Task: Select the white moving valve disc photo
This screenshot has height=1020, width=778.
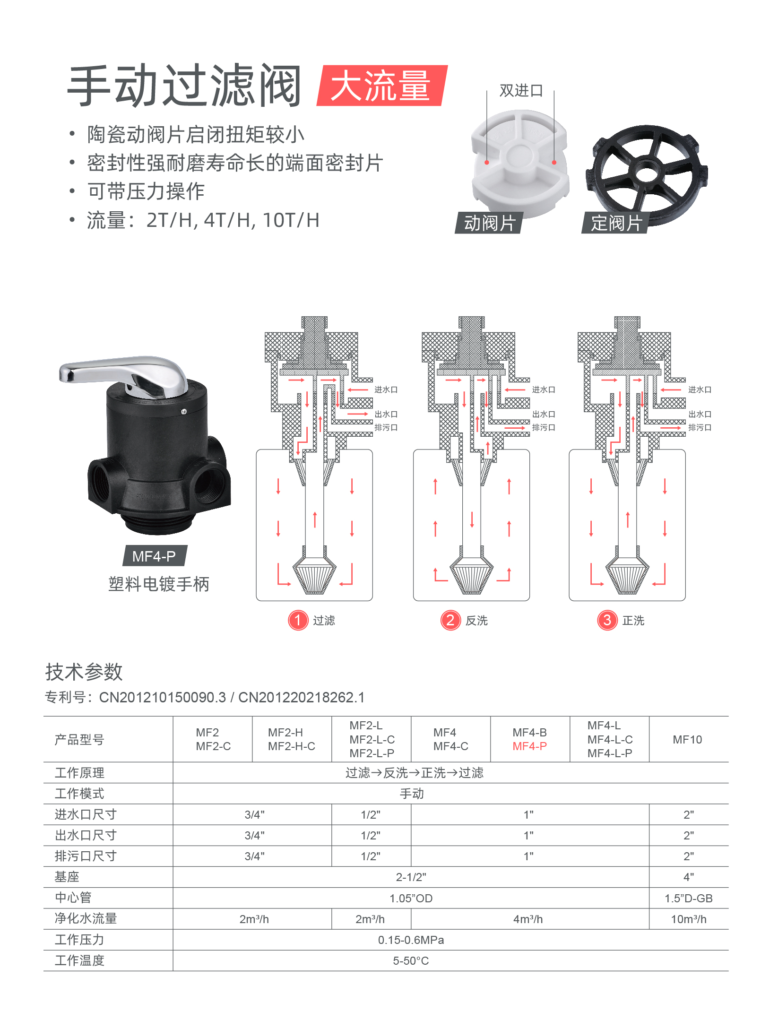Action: [520, 161]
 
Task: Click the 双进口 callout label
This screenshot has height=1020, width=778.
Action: [521, 90]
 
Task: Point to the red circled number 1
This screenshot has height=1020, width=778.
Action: [298, 620]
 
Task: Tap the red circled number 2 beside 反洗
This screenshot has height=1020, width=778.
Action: [450, 620]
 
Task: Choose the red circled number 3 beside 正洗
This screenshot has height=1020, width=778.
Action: [607, 620]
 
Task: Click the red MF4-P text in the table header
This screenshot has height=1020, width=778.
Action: [529, 746]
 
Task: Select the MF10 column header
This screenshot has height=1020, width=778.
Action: [687, 740]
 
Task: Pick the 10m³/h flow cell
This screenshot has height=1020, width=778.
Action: [689, 919]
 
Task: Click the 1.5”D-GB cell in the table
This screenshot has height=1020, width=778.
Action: [689, 899]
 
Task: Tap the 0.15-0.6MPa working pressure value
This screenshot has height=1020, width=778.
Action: [411, 940]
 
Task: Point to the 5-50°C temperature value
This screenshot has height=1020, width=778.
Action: [411, 961]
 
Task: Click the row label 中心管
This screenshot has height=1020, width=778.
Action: [73, 898]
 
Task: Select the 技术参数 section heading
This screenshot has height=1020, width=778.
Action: [84, 672]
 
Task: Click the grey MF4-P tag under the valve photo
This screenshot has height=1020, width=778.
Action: [154, 556]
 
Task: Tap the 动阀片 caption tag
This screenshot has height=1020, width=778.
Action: [489, 223]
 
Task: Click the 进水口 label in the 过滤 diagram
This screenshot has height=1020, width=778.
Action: [386, 390]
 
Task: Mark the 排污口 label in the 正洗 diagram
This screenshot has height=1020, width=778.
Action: [700, 428]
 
